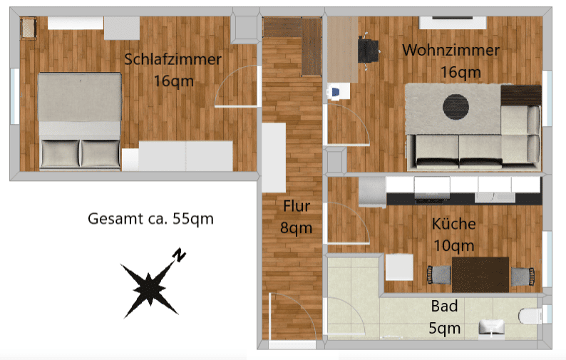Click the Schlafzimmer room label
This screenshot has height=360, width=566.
(x=173, y=60)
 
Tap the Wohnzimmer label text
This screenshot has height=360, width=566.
(x=451, y=50)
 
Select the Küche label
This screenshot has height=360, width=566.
(x=454, y=224)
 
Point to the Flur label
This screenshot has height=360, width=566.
(x=297, y=206)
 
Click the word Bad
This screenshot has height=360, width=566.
(x=444, y=307)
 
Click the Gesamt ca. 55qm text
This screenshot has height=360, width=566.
(x=150, y=219)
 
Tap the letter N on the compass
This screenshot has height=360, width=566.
(x=179, y=254)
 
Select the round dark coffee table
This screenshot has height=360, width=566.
(x=456, y=106)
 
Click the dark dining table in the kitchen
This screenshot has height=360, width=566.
(x=480, y=274)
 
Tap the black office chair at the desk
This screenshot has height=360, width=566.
(x=369, y=51)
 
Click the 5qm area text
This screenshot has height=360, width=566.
(x=444, y=329)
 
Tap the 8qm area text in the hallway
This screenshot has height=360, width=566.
(x=297, y=228)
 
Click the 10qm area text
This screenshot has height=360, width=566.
(x=454, y=246)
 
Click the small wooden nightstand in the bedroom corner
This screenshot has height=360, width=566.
(x=28, y=28)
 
